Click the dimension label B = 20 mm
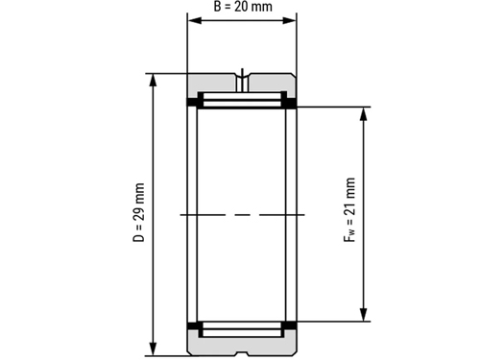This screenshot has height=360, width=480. [243, 7]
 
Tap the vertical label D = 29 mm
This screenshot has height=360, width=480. [139, 212]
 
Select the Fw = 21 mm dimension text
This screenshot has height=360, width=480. [349, 210]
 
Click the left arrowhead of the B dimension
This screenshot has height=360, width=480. [195, 21]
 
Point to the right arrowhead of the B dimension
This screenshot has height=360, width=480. [289, 21]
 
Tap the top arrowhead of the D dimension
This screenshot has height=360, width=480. [154, 81]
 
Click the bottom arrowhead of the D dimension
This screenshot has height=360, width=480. [154, 348]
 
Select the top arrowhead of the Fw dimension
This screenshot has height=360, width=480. [363, 114]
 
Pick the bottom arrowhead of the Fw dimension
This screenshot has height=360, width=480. [363, 314]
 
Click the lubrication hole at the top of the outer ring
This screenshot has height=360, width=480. [243, 84]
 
